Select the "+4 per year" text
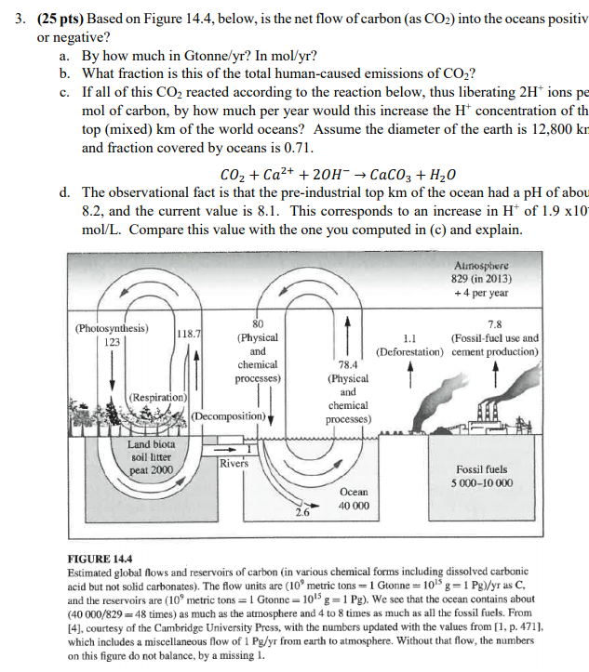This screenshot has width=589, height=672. (x=484, y=291)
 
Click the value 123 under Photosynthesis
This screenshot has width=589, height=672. (x=112, y=342)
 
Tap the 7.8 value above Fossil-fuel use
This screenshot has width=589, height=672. (x=494, y=324)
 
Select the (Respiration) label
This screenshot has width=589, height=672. (x=159, y=397)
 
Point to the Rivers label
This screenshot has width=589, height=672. (x=234, y=462)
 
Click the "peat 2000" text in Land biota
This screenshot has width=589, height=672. (x=152, y=471)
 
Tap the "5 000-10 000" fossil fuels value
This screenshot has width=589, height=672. (x=482, y=484)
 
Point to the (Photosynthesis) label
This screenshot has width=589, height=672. (x=111, y=328)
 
